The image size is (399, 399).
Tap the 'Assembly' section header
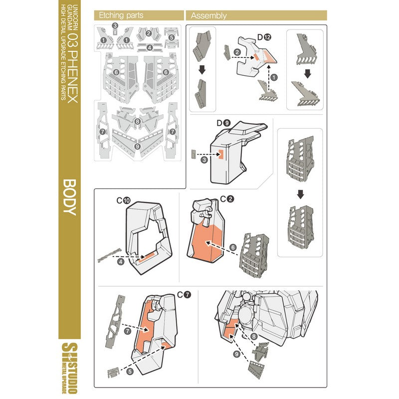208,15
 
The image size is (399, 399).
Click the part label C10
124,200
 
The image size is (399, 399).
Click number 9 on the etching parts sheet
137,146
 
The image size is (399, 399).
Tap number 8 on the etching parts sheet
137,121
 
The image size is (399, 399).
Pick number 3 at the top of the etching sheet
115,25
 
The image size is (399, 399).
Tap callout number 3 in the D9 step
204,160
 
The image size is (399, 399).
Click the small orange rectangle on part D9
221,156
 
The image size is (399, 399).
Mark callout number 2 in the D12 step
237,52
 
